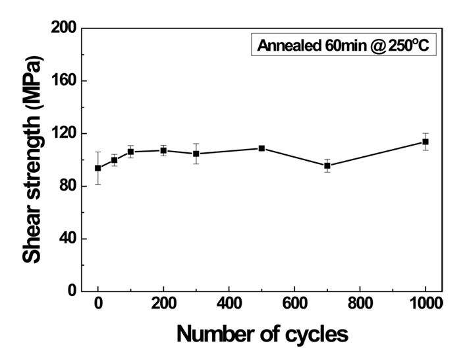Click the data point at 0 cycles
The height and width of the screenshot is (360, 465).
(98, 168)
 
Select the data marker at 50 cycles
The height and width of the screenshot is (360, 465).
(114, 160)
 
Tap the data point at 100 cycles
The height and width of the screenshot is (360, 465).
(130, 152)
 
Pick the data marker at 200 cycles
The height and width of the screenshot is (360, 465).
(163, 150)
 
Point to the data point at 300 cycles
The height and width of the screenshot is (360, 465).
(196, 154)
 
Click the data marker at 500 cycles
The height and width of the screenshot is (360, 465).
(261, 148)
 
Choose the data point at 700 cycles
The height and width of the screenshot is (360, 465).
(327, 165)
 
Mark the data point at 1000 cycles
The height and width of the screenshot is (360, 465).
(425, 142)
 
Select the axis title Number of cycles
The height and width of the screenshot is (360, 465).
(261, 334)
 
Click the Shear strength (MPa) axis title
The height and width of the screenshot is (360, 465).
(33, 160)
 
